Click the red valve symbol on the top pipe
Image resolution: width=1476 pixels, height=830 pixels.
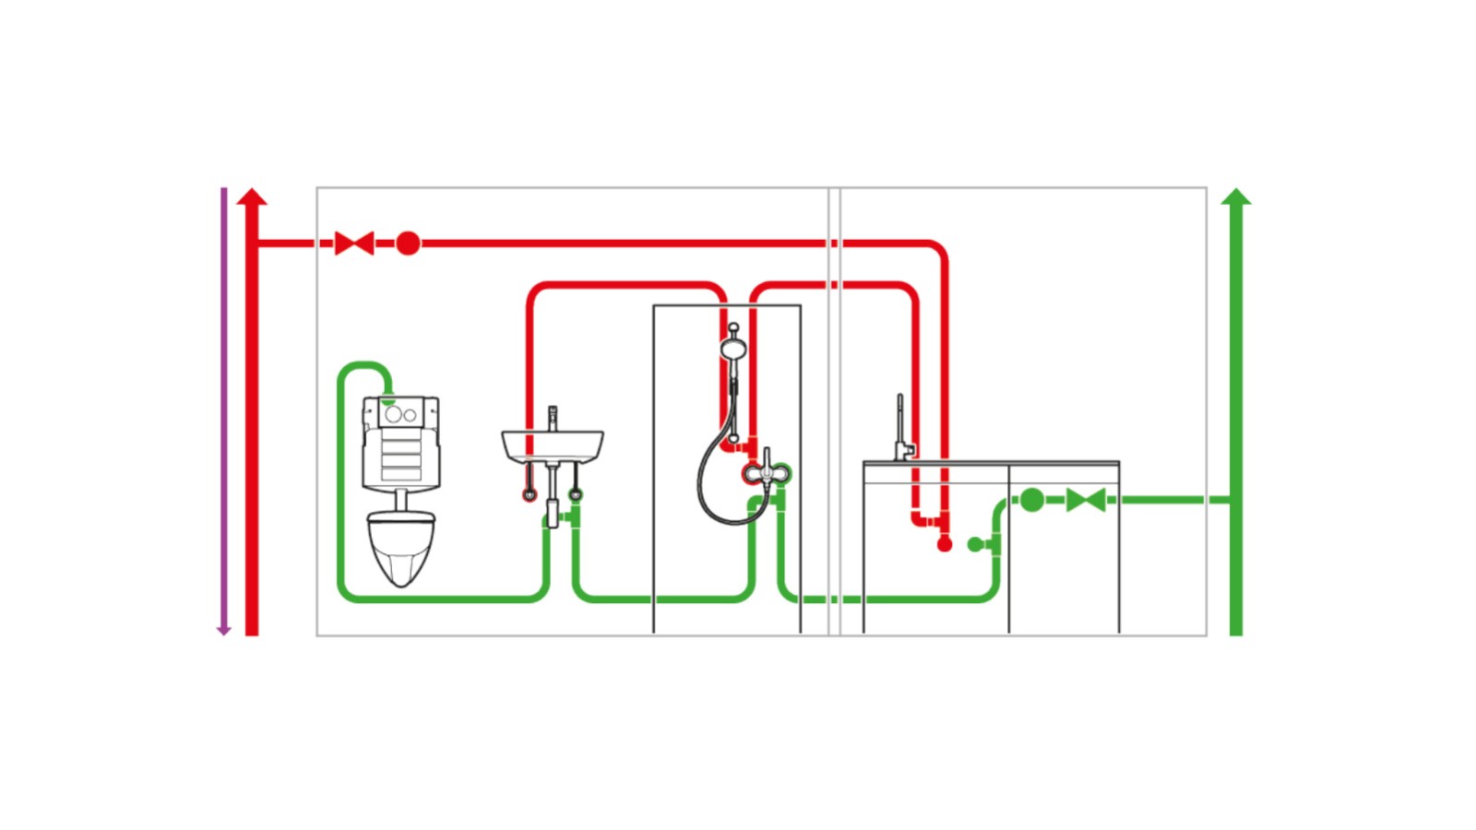pos(354,243)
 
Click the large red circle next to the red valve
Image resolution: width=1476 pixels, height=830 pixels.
pos(408,243)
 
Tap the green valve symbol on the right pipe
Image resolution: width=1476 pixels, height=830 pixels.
pos(1086,500)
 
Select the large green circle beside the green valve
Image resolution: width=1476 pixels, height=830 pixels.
pos(1032,500)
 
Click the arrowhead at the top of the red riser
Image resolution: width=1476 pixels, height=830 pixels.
pos(252,196)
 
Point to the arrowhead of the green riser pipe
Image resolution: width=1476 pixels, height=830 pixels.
pos(1236,196)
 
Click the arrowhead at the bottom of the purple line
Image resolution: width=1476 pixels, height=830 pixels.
pos(223,631)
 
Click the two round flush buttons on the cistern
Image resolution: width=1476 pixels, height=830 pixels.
pos(400,415)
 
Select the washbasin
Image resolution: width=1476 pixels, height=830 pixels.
pos(552,445)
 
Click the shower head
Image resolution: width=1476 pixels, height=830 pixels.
pos(733,348)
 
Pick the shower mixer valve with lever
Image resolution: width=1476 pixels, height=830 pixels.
pos(766,473)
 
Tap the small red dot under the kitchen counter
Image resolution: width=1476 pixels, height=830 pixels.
pos(944,545)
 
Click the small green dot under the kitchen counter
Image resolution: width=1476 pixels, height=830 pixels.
pos(975,545)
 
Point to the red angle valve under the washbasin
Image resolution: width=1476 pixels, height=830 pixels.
pos(530,494)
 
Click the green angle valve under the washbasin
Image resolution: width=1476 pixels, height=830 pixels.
pos(576,494)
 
